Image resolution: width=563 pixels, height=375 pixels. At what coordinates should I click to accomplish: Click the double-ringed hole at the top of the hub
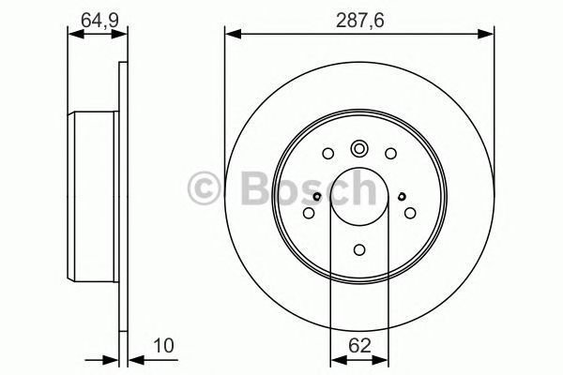[x=359, y=148]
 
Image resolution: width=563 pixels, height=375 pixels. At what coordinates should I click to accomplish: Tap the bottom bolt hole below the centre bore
[x=359, y=249]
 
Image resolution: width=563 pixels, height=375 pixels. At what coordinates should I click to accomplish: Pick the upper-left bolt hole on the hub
[x=327, y=155]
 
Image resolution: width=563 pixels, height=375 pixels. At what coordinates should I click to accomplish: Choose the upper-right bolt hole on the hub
[x=391, y=155]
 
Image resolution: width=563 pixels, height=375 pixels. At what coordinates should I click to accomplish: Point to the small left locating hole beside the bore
[x=318, y=196]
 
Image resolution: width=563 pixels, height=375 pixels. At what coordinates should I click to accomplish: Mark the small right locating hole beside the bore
[x=402, y=196]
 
